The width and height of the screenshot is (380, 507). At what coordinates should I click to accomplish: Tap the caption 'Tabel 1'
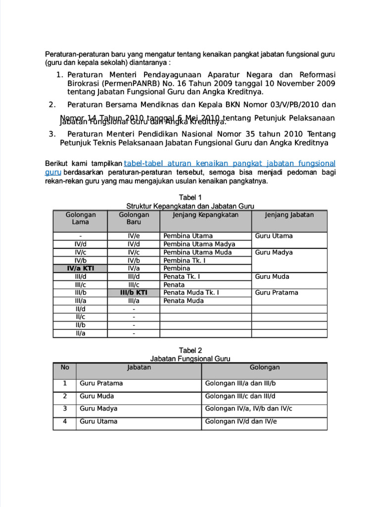point(190,197)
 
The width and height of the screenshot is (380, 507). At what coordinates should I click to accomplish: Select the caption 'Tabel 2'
point(190,350)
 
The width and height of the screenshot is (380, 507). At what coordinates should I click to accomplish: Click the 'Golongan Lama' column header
point(80,218)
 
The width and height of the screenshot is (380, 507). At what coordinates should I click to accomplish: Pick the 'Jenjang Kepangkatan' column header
point(205,215)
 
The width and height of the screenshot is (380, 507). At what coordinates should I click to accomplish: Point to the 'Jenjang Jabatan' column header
point(289,215)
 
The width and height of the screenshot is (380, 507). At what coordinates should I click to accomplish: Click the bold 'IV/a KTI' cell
point(80,268)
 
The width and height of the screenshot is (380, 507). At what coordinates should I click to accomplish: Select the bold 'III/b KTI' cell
point(134,293)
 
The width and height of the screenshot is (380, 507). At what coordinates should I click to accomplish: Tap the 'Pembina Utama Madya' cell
point(199,244)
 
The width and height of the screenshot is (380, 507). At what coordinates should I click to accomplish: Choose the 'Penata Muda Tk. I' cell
point(191,293)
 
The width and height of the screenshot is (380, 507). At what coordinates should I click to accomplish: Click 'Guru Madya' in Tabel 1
point(274,253)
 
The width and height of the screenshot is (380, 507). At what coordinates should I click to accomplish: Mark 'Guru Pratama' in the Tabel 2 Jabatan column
point(101,383)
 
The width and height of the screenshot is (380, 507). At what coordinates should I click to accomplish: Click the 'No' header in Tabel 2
point(65,367)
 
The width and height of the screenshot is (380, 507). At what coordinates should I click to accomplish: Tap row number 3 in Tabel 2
point(65,409)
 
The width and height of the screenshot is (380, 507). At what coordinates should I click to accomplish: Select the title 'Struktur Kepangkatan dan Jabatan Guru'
point(190,205)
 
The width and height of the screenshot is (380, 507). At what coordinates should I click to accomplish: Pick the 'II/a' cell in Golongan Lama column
point(80,333)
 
